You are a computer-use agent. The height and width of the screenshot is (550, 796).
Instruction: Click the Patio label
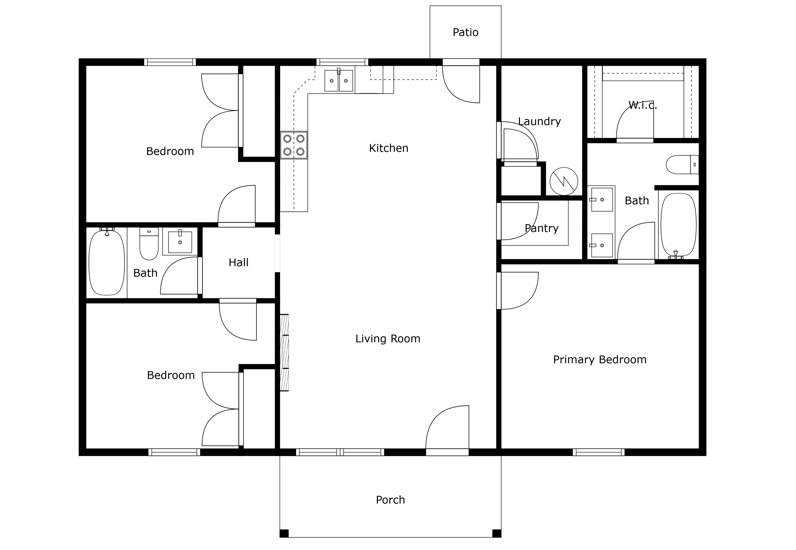[465, 32]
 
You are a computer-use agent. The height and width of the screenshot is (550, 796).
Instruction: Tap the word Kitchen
[388, 148]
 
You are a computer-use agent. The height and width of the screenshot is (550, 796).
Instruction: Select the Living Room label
[388, 339]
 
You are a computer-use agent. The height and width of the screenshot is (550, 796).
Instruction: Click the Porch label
[390, 500]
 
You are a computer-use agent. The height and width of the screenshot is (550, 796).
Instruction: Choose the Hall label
[239, 263]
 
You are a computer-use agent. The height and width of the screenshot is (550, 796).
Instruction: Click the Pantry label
[542, 229]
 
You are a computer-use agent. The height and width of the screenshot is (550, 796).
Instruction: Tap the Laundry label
[539, 122]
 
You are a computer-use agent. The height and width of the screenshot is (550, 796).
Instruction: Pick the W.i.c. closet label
[643, 105]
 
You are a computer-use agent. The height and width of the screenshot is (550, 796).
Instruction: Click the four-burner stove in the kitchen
[294, 145]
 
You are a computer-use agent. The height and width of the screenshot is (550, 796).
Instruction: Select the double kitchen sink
[339, 81]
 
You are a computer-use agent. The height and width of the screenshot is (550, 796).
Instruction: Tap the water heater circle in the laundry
[564, 181]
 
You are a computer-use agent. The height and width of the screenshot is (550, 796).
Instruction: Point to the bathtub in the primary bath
[678, 225]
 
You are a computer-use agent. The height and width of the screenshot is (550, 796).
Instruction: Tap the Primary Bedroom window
[599, 452]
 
